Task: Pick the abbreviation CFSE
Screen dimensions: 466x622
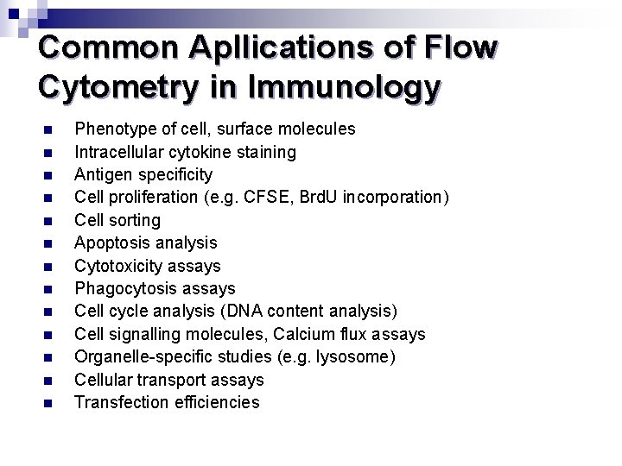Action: tap(266, 198)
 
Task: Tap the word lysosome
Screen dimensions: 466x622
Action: tap(357, 356)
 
